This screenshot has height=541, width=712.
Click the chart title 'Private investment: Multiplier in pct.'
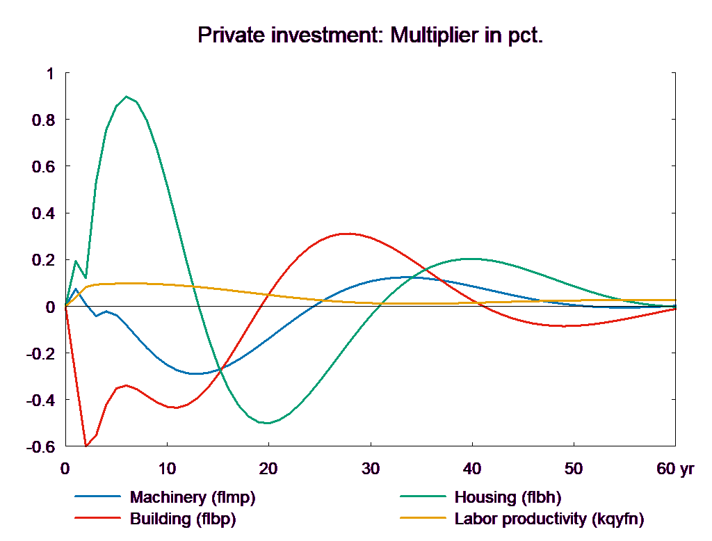[370, 35]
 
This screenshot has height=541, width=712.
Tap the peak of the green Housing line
[126, 97]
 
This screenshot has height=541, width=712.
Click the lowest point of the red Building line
[86, 446]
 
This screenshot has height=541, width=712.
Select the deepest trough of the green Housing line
[266, 423]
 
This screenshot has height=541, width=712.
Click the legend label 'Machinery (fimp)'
[193, 497]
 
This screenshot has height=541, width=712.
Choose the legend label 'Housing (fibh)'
[507, 497]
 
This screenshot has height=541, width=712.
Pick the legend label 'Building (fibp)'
[183, 519]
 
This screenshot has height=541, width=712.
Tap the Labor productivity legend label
[549, 519]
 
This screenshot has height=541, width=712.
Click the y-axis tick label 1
[48, 74]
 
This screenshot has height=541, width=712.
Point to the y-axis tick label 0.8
[42, 120]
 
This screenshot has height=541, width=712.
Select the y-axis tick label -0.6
[40, 446]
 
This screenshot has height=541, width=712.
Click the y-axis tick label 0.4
[42, 213]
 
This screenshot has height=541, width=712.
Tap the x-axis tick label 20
[268, 469]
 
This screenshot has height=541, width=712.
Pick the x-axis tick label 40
[471, 469]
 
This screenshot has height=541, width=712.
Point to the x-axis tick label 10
[167, 469]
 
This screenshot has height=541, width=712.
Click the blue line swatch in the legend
[97, 497]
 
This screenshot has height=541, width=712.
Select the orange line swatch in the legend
[423, 519]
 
